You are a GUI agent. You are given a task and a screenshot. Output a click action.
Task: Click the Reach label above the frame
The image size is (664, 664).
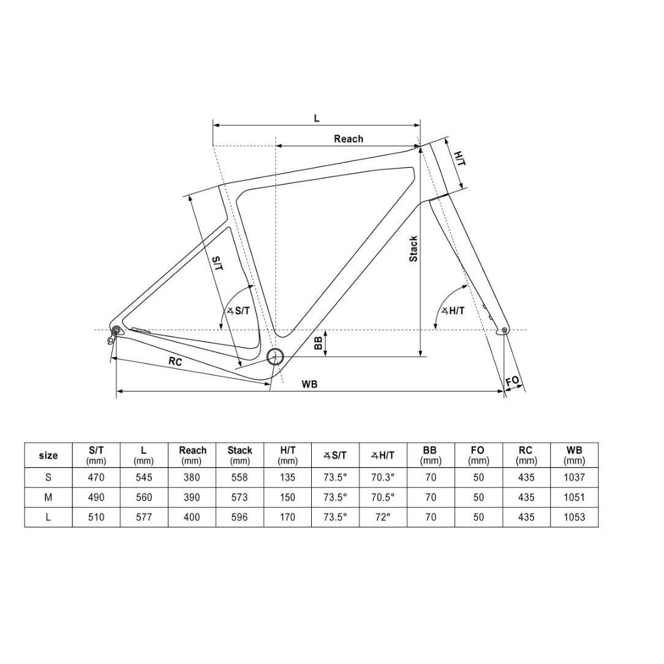click(348, 139)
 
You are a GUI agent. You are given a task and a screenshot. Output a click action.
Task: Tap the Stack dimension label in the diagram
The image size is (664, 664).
click(413, 249)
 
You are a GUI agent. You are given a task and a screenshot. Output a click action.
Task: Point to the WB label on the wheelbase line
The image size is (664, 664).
click(309, 384)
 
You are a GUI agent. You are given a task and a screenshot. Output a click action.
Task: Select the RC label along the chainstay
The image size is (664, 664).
click(175, 361)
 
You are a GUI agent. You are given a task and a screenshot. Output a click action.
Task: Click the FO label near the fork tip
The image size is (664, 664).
click(513, 381)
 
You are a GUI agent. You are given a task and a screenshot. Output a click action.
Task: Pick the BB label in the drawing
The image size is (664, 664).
click(319, 341)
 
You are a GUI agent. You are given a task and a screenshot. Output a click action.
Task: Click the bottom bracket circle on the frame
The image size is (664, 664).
click(274, 357)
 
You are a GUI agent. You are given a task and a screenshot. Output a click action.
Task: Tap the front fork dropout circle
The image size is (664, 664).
click(504, 330)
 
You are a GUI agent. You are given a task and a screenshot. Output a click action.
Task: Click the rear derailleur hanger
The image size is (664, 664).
click(112, 338)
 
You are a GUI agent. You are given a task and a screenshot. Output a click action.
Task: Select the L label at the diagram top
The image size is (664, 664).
click(316, 118)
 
